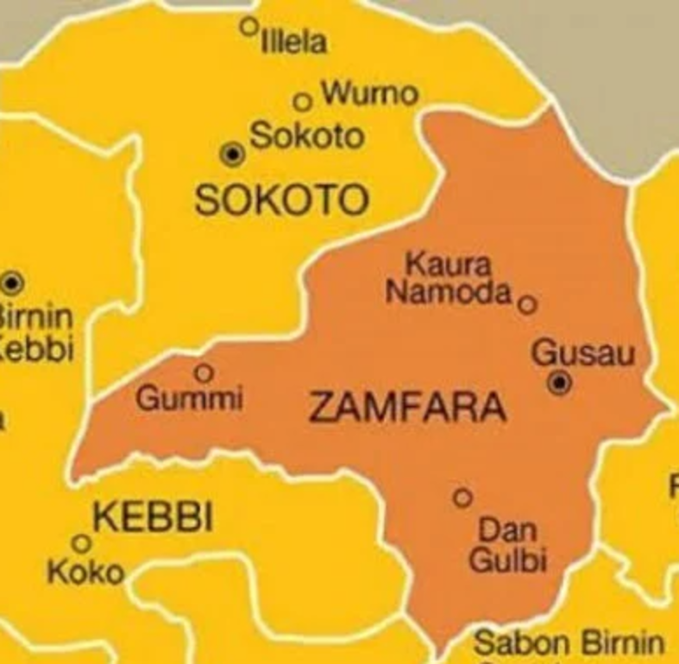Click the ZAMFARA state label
pos(406,407)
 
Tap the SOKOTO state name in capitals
pos(281,200)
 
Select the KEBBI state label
pos(152,518)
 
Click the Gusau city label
pos(583,353)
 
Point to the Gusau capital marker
pos(560,383)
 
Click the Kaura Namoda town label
pos(449,278)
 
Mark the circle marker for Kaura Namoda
pos(528,304)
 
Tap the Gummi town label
pos(190,400)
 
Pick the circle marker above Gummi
pos(204,372)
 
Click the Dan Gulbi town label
pos(508,544)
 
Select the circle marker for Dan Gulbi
pos(462,497)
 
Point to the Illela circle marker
pos(249,26)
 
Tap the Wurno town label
pos(369,92)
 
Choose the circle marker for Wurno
pos(302,102)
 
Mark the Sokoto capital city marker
pos(231,155)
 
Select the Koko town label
pos(85,572)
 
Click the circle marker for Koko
pos(81,543)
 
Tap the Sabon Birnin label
pos(569,644)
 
